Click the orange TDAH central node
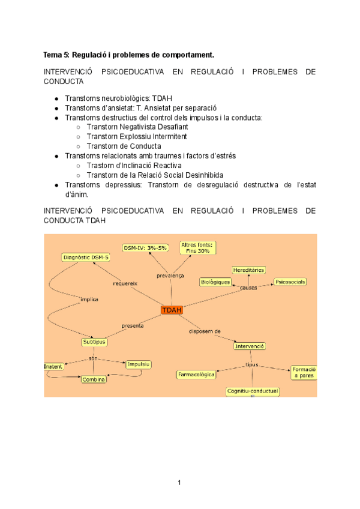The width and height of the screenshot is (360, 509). (x=172, y=310)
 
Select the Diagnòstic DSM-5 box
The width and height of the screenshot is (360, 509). (x=86, y=258)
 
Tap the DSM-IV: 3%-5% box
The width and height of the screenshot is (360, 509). (x=146, y=247)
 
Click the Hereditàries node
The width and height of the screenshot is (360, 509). (x=248, y=270)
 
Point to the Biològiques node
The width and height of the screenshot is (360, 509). (x=215, y=282)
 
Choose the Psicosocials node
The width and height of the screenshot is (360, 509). (x=290, y=281)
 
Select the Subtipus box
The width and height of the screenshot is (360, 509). (x=94, y=342)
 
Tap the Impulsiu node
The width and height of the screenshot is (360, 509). (x=138, y=364)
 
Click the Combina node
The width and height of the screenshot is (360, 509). (x=94, y=379)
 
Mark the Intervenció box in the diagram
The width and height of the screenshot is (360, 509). (x=250, y=346)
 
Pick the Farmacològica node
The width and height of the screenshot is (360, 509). (x=196, y=375)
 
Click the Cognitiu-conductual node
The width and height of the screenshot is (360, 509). (x=253, y=391)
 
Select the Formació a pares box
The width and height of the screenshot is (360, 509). (x=304, y=372)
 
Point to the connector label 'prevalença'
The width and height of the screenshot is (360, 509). (x=170, y=276)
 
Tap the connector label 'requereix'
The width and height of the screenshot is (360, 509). (x=125, y=283)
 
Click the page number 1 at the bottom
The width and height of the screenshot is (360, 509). (x=179, y=482)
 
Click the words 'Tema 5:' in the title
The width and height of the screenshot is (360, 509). (x=56, y=55)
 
